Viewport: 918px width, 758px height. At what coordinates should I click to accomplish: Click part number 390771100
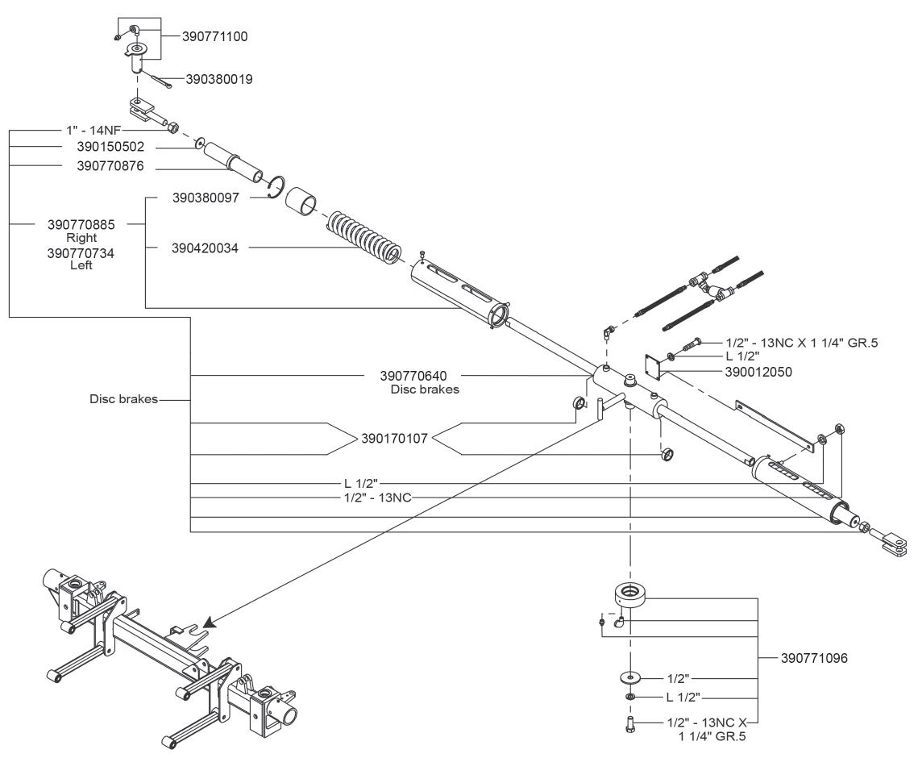point(215,36)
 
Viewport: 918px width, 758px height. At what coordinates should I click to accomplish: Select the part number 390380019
point(219,79)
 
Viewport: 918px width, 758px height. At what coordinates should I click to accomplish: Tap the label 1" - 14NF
point(93,130)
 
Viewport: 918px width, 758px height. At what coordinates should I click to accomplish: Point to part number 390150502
point(110,147)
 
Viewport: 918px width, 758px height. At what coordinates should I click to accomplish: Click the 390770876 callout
point(110,166)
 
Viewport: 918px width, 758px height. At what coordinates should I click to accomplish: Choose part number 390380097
point(206,198)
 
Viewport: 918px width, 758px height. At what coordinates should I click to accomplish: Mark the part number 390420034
point(205,248)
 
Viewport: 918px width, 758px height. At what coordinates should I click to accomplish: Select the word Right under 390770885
point(81,238)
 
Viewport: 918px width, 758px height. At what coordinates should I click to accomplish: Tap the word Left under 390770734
point(81,264)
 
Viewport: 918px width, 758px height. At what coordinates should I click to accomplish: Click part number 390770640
point(413,376)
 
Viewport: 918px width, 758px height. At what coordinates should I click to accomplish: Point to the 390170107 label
point(395,438)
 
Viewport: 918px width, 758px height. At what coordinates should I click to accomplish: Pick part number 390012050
point(758,372)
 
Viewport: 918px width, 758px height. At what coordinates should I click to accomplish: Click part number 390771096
point(814,658)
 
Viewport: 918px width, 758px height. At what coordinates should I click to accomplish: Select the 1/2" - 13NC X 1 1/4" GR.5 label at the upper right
point(802,343)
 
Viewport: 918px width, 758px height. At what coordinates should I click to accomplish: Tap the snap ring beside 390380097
point(276,187)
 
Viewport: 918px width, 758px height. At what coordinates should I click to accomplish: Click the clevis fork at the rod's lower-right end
point(892,541)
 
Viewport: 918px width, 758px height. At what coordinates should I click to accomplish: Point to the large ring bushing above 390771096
point(630,595)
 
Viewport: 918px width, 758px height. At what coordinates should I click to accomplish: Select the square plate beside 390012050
point(652,366)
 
